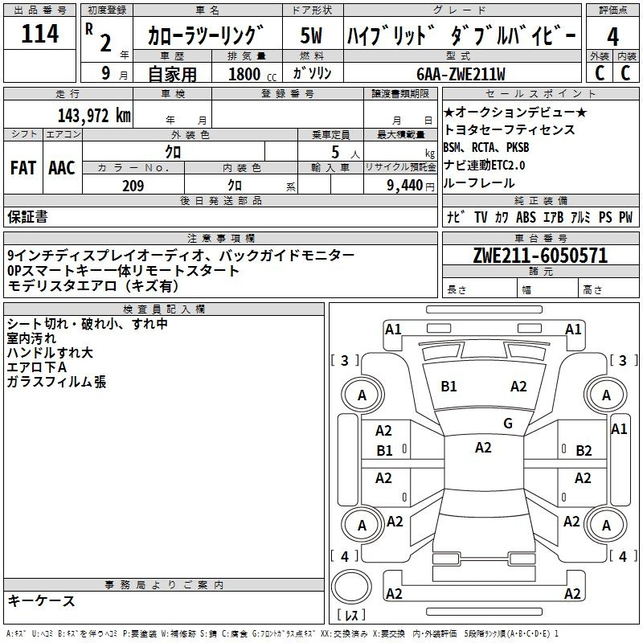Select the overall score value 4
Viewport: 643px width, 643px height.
613,36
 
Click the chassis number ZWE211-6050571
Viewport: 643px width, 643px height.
540,256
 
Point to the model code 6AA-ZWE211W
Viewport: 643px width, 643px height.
461,74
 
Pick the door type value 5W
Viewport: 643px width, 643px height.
312,36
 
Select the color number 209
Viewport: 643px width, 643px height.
133,186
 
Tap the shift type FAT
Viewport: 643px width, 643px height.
23,167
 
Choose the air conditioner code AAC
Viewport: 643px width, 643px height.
62,167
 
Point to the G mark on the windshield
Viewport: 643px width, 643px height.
508,424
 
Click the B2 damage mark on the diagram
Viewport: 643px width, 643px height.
584,451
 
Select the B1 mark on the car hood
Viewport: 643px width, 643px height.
448,387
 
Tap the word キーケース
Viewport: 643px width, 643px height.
41,601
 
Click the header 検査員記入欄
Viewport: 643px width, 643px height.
164,309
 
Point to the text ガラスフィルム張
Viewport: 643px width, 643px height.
56,383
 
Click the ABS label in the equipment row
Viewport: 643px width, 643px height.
526,217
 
